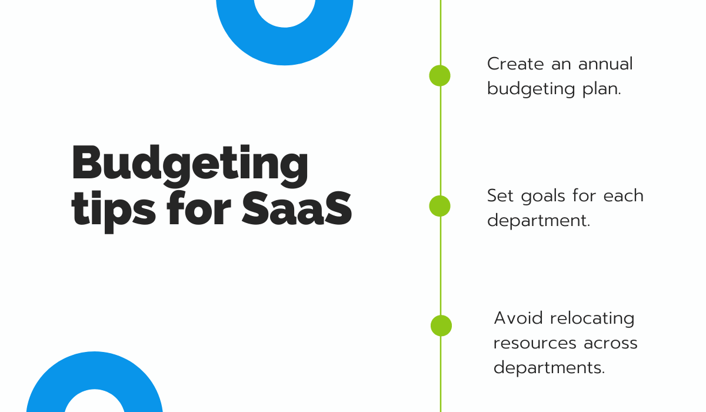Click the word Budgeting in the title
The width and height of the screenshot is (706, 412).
tap(189, 166)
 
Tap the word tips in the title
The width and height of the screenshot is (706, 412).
tap(114, 212)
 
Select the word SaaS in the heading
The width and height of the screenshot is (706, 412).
tap(297, 208)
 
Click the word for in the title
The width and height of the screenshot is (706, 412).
tap(199, 208)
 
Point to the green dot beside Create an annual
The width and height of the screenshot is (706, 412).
tap(439, 76)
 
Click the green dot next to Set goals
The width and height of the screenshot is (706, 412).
tap(439, 206)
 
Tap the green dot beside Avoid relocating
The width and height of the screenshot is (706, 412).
tap(441, 325)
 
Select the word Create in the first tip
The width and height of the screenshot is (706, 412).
tap(515, 64)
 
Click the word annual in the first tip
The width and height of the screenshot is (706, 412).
tap(605, 64)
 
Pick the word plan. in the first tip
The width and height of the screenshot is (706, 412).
tap(602, 89)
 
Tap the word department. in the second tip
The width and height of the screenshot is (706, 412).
tap(538, 221)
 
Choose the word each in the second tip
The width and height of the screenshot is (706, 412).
tap(623, 196)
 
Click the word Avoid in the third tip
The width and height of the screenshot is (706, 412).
tap(518, 318)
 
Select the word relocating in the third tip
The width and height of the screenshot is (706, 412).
tap(592, 319)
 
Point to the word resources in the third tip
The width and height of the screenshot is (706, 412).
tap(535, 344)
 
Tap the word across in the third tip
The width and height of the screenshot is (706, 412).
tap(611, 344)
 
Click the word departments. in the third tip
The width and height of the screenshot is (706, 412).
tap(549, 368)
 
